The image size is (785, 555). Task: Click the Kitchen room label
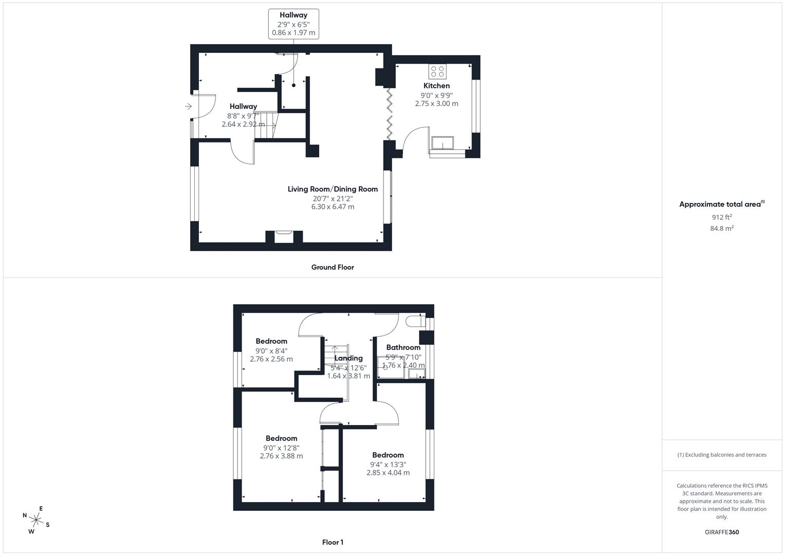coord(436,86)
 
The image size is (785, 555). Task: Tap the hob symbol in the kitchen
coord(437,71)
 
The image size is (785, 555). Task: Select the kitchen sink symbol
coord(443,142)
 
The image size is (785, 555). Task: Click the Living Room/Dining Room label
coord(333,189)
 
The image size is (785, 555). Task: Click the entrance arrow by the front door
coord(188,106)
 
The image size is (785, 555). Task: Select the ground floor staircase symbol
coord(266,125)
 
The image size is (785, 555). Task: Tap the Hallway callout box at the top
coord(294,24)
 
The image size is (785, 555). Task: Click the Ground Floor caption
coord(333,267)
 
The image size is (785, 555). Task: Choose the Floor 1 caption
coord(333,542)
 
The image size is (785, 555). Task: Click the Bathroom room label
coord(404,347)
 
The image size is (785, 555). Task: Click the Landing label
coord(349,358)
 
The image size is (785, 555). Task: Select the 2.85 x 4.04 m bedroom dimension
coord(388,473)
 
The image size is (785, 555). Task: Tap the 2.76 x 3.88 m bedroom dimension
coord(281,456)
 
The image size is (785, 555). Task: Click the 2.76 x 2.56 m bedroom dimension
coord(271,359)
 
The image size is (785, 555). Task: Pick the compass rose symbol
coord(36,520)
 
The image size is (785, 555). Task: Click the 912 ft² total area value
coord(722,217)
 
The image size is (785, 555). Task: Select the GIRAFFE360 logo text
coord(722,532)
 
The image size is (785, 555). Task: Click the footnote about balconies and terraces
coord(722,455)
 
